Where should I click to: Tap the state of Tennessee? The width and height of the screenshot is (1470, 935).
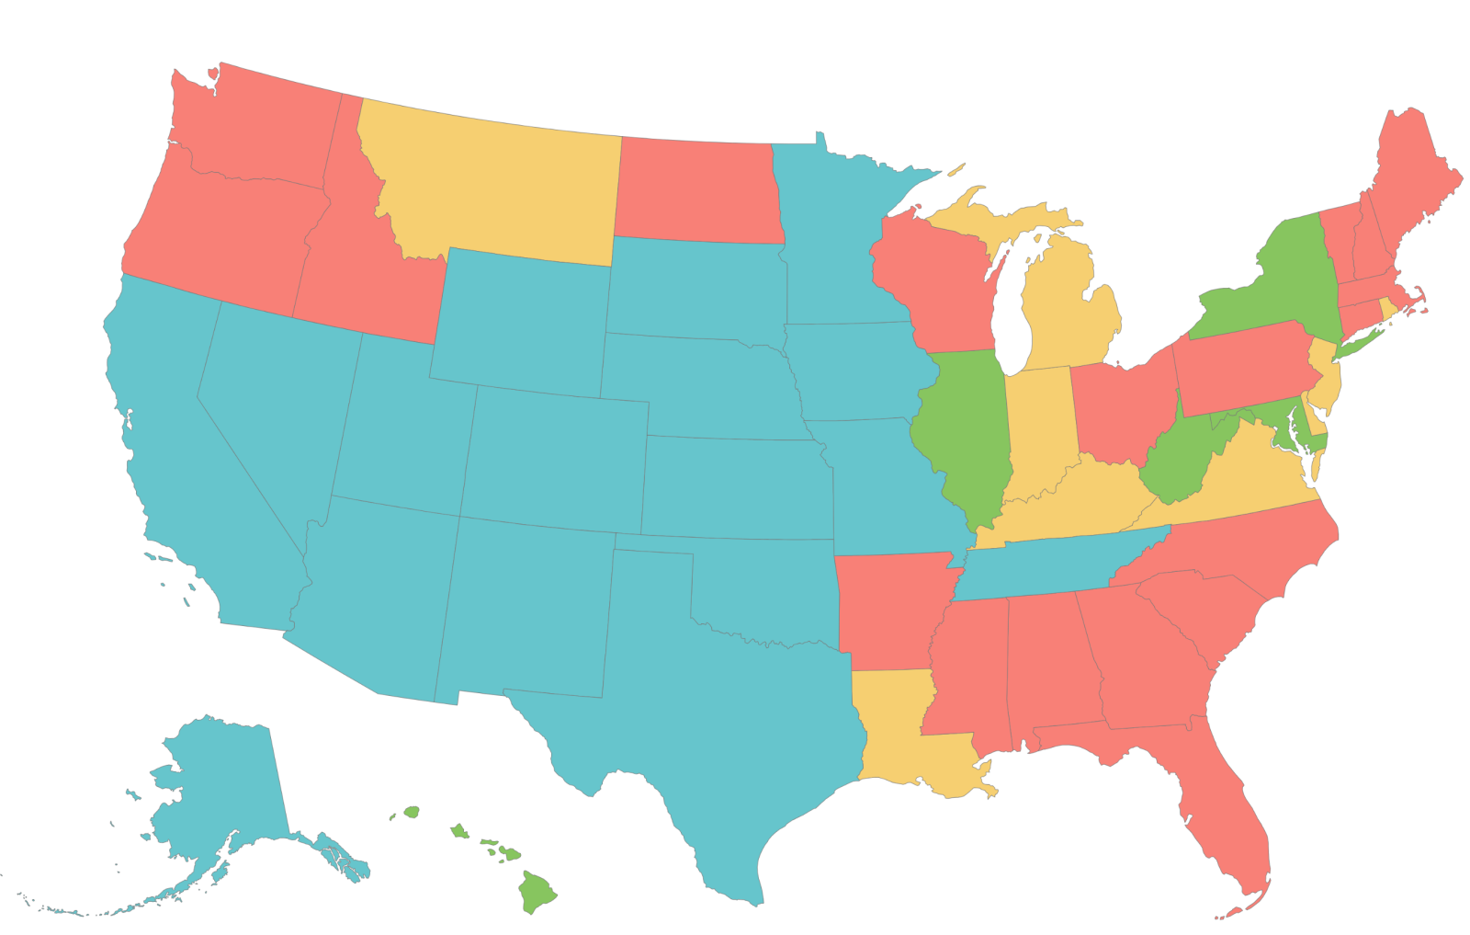click(1057, 561)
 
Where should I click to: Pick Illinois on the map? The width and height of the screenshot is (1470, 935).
click(965, 432)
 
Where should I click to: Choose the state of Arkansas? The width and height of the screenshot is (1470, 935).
click(887, 607)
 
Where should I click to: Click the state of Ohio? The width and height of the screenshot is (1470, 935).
click(1121, 405)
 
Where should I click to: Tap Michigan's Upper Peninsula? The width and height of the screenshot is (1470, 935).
click(992, 221)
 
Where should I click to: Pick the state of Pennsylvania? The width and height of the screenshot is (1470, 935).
click(1240, 368)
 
